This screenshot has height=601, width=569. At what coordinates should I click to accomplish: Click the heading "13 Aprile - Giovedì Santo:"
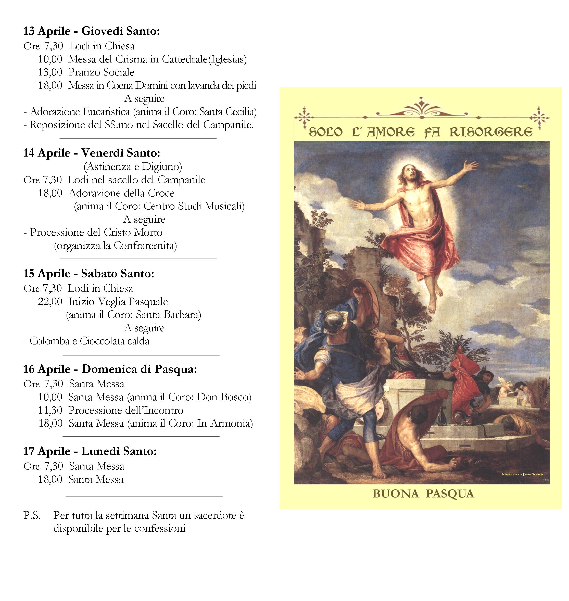tap(92, 31)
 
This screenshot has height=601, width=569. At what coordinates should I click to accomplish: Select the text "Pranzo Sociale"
tap(101, 72)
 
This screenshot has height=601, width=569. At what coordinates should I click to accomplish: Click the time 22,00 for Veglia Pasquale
tap(50, 302)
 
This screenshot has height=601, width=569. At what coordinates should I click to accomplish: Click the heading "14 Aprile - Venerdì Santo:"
tap(92, 153)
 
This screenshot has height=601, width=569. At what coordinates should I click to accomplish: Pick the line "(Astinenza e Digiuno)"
tap(133, 167)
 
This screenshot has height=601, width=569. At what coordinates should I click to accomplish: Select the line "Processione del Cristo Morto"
tap(96, 232)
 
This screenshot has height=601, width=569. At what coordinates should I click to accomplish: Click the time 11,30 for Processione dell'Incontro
tap(50, 410)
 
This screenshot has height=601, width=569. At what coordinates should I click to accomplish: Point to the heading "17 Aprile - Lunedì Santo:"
tap(90, 452)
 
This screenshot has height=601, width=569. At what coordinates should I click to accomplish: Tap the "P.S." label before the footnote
tap(32, 516)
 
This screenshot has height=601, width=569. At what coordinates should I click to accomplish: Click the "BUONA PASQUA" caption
tap(423, 494)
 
